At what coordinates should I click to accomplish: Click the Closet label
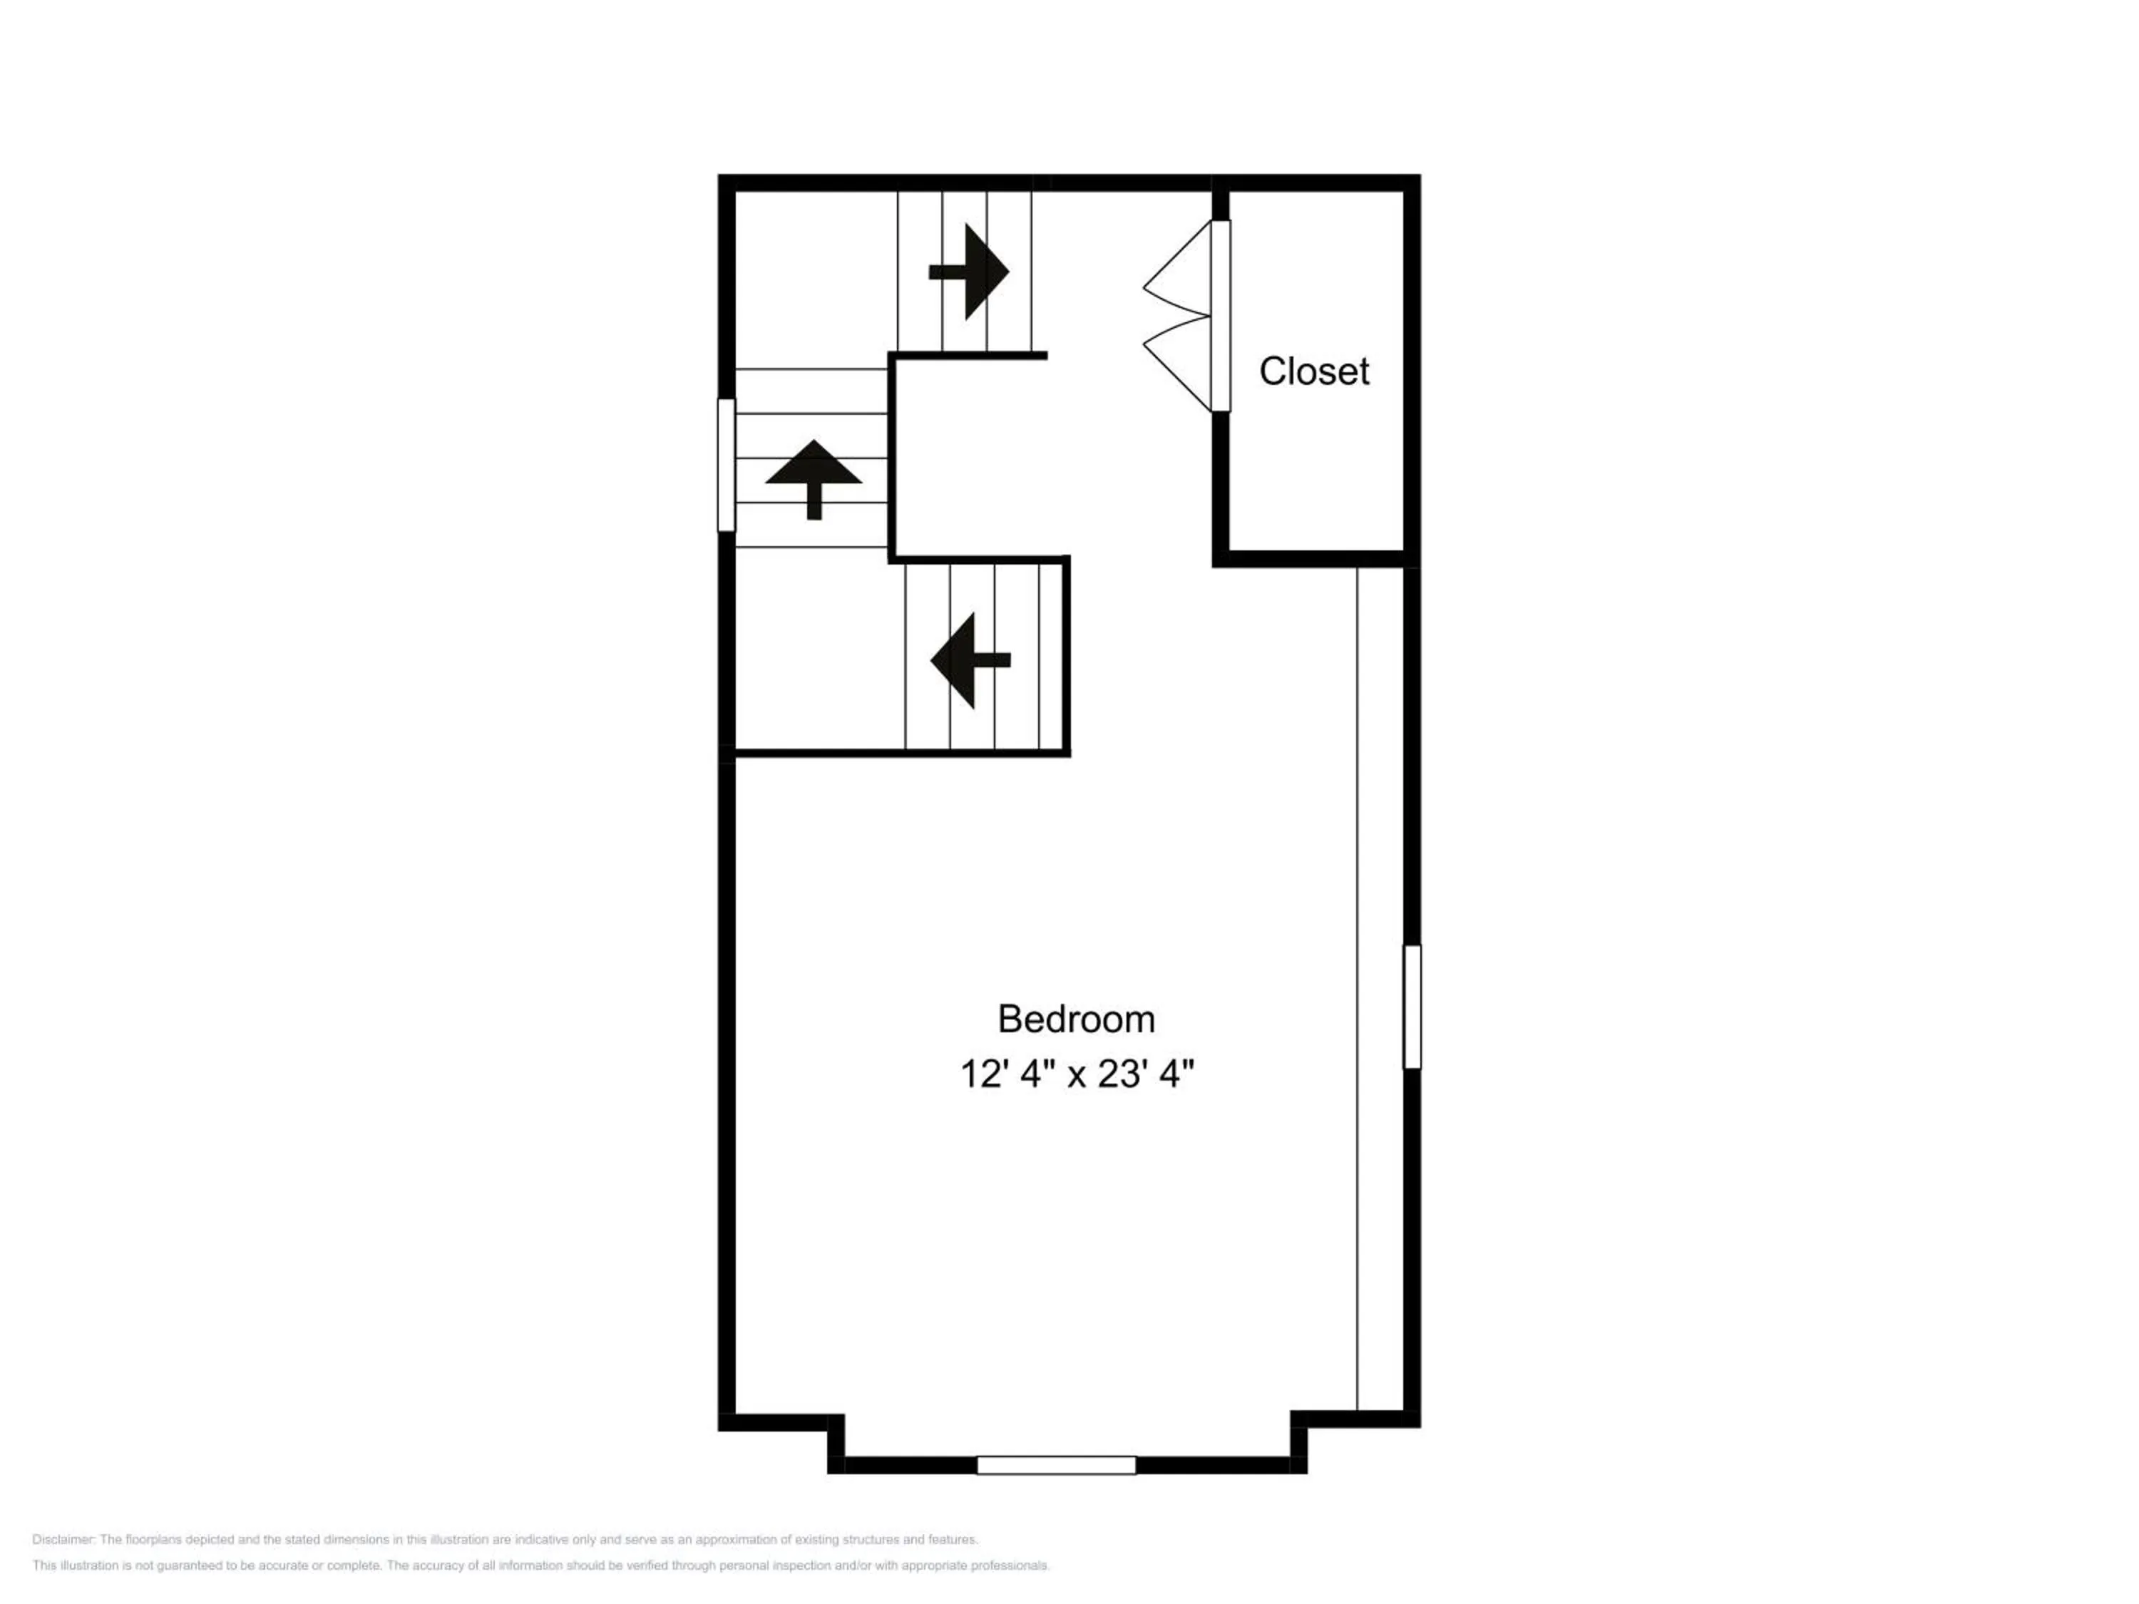point(1313,371)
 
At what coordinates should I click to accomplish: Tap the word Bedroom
point(1076,1019)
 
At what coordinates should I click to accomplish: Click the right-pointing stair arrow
point(969,272)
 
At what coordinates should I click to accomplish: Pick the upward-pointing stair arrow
point(814,480)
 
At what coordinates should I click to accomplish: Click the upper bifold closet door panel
point(1178,268)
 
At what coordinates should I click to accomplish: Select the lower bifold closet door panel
point(1178,364)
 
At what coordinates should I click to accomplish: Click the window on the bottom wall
point(1056,1466)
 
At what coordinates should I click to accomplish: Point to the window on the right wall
point(1412,1007)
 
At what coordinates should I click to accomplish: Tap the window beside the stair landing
point(727,465)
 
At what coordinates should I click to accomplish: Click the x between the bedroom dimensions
point(1076,1076)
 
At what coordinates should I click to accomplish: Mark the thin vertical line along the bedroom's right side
point(1358,989)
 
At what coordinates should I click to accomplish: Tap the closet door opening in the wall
point(1221,316)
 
